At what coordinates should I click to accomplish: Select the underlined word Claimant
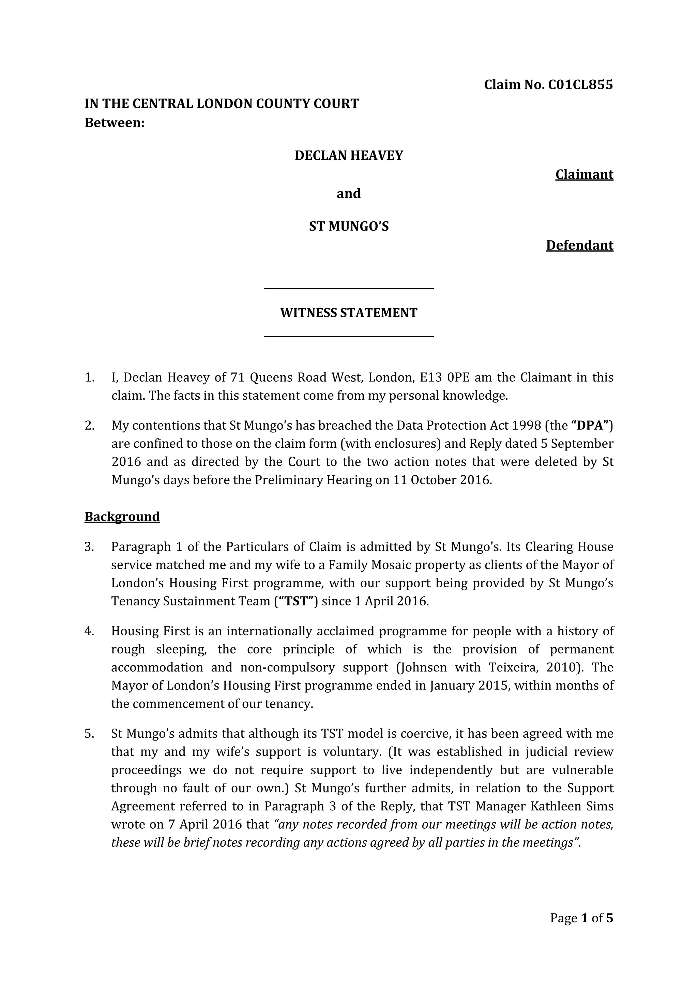coord(584,175)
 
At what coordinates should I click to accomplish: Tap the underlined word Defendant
coord(579,245)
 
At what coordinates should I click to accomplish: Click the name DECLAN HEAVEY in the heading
coord(349,156)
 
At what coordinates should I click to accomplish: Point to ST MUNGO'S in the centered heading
coord(349,226)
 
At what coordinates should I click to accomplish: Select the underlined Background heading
coord(122,516)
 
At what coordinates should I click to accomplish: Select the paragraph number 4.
coord(89,631)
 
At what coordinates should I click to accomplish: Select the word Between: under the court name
coord(114,123)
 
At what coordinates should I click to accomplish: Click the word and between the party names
coord(349,194)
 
